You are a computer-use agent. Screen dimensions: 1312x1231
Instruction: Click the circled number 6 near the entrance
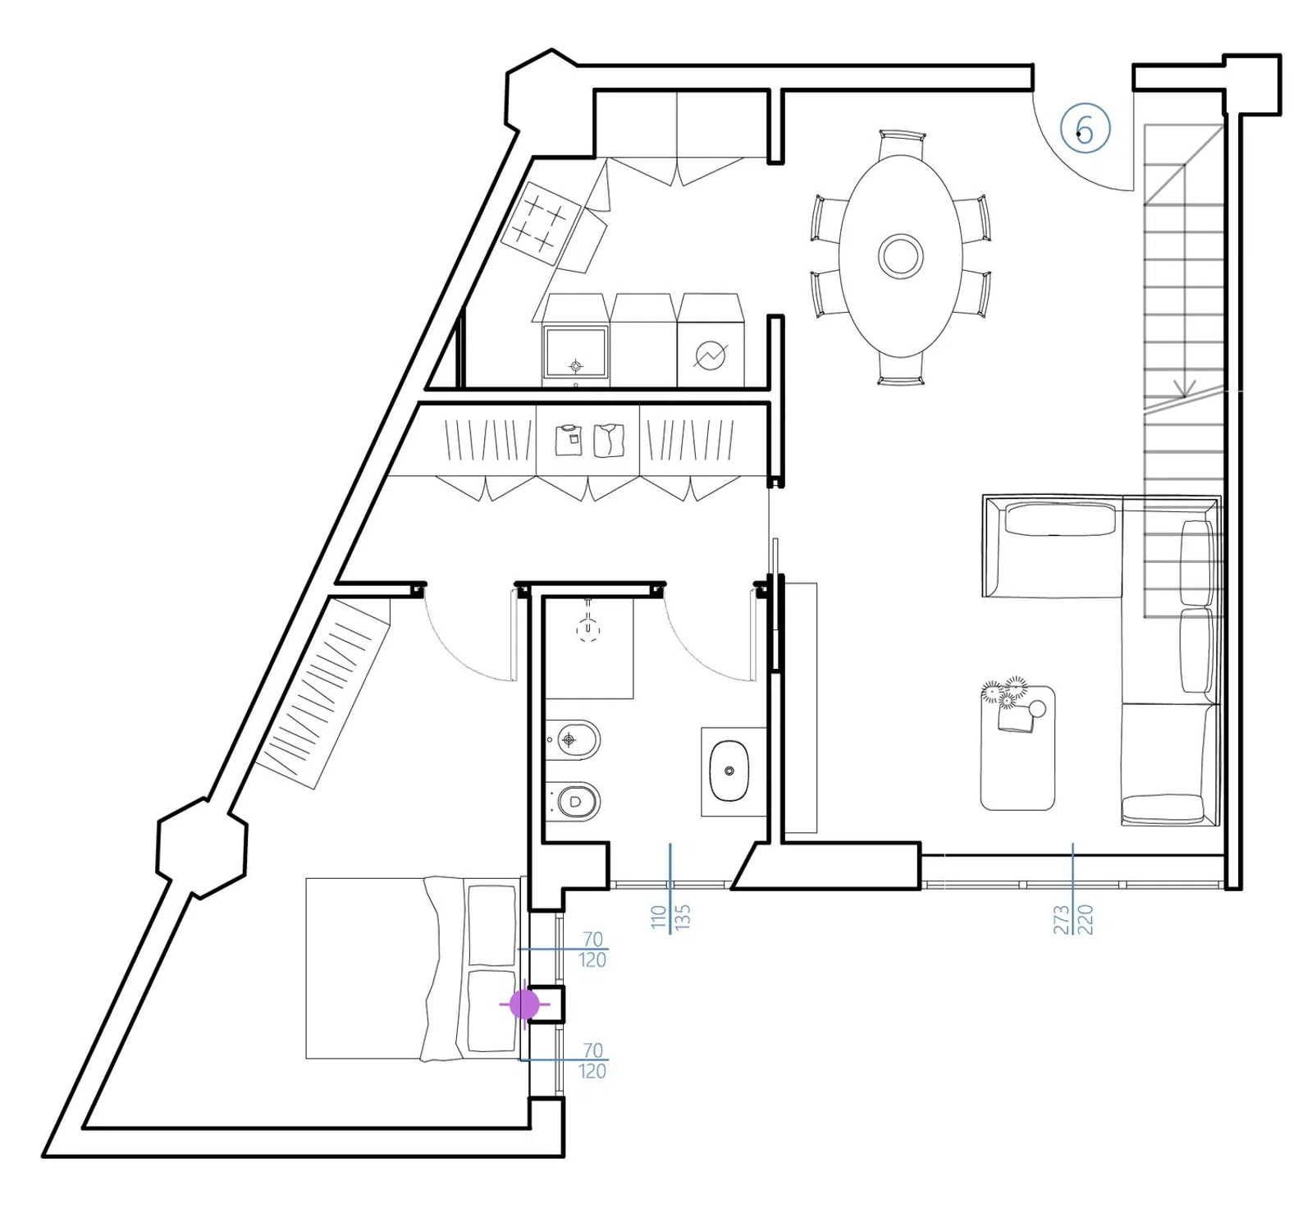pyautogui.click(x=1085, y=129)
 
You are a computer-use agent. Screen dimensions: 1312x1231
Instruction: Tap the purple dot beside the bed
pyautogui.click(x=524, y=1004)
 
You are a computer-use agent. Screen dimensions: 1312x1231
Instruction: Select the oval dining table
pyautogui.click(x=900, y=256)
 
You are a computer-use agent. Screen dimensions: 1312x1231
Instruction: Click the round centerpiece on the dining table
pyautogui.click(x=900, y=256)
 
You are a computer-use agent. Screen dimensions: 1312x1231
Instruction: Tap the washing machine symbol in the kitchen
pyautogui.click(x=711, y=355)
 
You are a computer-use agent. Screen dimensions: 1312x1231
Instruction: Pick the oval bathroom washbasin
pyautogui.click(x=729, y=771)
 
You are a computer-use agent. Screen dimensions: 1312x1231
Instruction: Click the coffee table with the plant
pyautogui.click(x=1017, y=747)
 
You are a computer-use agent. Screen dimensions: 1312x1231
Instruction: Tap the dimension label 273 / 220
pyautogui.click(x=1073, y=919)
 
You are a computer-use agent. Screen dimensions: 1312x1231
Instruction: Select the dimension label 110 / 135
pyautogui.click(x=670, y=916)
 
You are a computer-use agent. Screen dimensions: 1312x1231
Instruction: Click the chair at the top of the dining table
pyautogui.click(x=902, y=143)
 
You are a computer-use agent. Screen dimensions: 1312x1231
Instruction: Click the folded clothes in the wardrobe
pyautogui.click(x=589, y=440)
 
